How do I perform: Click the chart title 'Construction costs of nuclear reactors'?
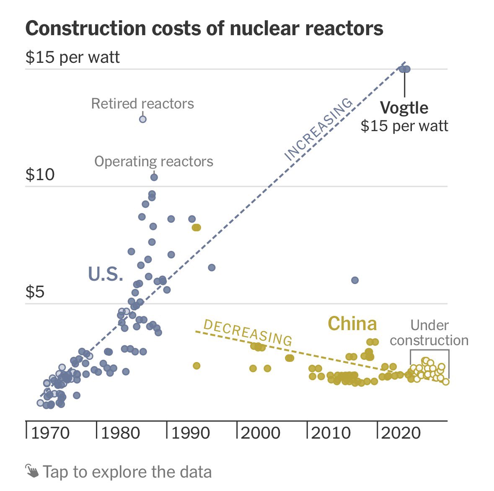pyautogui.click(x=204, y=29)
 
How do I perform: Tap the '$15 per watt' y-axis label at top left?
pyautogui.click(x=72, y=57)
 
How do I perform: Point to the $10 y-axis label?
pyautogui.click(x=40, y=174)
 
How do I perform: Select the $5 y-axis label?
pyautogui.click(x=35, y=292)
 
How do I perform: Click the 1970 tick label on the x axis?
pyautogui.click(x=50, y=433)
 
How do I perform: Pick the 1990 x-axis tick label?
pyautogui.click(x=190, y=433)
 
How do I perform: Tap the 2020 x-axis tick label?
pyautogui.click(x=401, y=433)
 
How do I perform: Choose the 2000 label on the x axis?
pyautogui.click(x=261, y=433)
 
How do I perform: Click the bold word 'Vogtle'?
pyautogui.click(x=404, y=108)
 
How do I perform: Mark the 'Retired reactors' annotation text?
pyautogui.click(x=142, y=103)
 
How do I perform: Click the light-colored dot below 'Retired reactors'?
pyautogui.click(x=142, y=119)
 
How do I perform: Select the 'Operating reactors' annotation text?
pyautogui.click(x=154, y=161)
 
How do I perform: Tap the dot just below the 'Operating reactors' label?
pyautogui.click(x=154, y=177)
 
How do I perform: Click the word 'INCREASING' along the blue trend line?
pyautogui.click(x=318, y=129)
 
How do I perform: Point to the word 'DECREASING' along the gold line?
pyautogui.click(x=247, y=333)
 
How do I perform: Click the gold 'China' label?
pyautogui.click(x=352, y=324)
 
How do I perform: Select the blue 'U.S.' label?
pyautogui.click(x=106, y=274)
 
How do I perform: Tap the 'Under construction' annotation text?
pyautogui.click(x=429, y=333)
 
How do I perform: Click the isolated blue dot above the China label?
pyautogui.click(x=354, y=280)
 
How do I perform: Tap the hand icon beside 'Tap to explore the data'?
pyautogui.click(x=31, y=471)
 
